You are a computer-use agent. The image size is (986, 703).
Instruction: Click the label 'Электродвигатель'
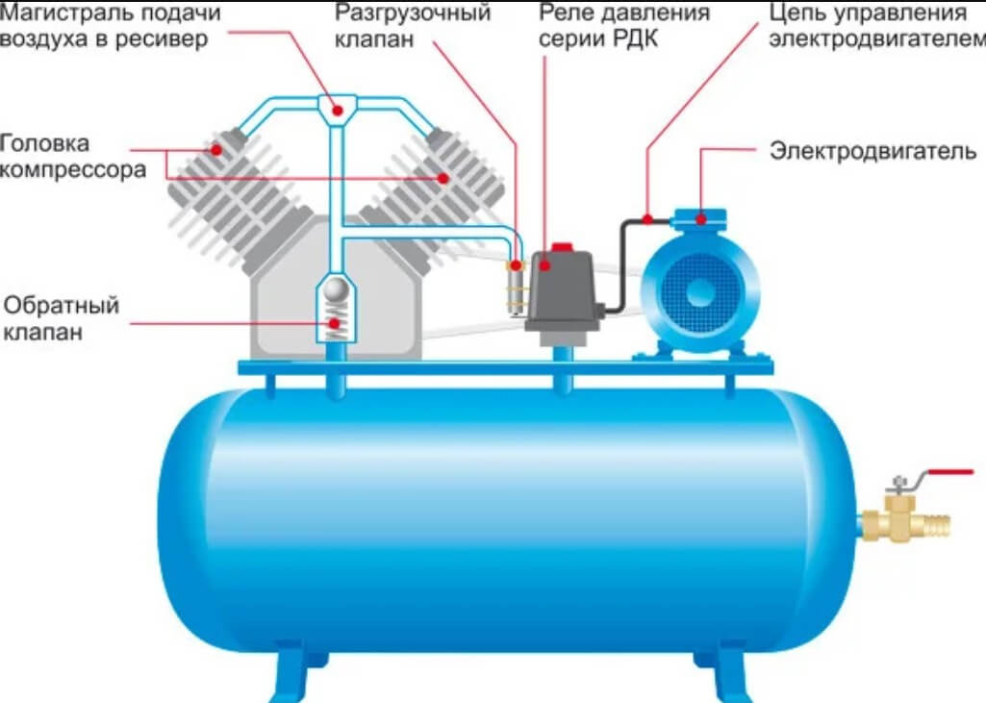point(872,151)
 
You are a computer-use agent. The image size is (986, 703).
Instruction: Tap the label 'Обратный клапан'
point(62,319)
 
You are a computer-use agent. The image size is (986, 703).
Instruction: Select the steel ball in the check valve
point(335,288)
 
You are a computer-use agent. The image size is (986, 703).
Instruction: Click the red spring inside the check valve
point(335,324)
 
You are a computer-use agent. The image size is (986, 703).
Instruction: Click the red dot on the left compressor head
point(217,150)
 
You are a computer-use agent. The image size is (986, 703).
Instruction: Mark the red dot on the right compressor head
point(443,177)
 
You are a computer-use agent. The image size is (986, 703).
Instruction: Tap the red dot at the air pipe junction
point(337,110)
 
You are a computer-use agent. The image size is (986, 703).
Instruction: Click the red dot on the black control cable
point(648,218)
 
